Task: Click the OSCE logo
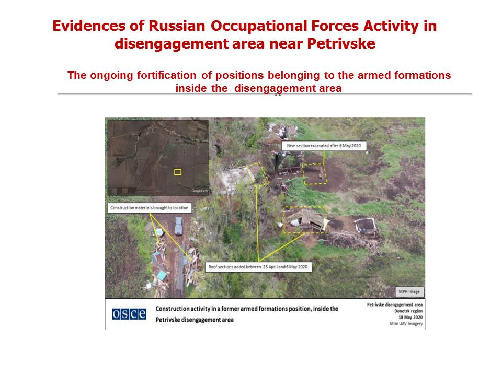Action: coord(129,314)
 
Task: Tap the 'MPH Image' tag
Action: coord(409,291)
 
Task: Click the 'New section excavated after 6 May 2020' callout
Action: coord(324,146)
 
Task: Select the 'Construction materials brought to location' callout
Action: coord(150,208)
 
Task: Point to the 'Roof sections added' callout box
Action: coord(258,267)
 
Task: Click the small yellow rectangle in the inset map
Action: coord(178,172)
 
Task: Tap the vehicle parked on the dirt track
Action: coord(179,226)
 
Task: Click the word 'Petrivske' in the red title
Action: coord(341,43)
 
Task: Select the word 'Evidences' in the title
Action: coord(89,26)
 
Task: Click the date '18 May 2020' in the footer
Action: coord(410,317)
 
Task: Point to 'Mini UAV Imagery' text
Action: coord(406,324)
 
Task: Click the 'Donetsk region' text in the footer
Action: coord(408,311)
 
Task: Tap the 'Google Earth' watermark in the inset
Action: coord(199,191)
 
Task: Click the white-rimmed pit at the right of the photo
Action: coord(366,225)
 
